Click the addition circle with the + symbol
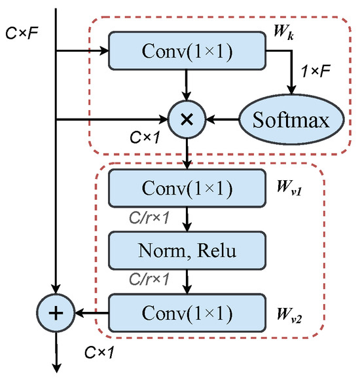coord(57,313)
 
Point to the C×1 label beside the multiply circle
coord(144,139)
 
